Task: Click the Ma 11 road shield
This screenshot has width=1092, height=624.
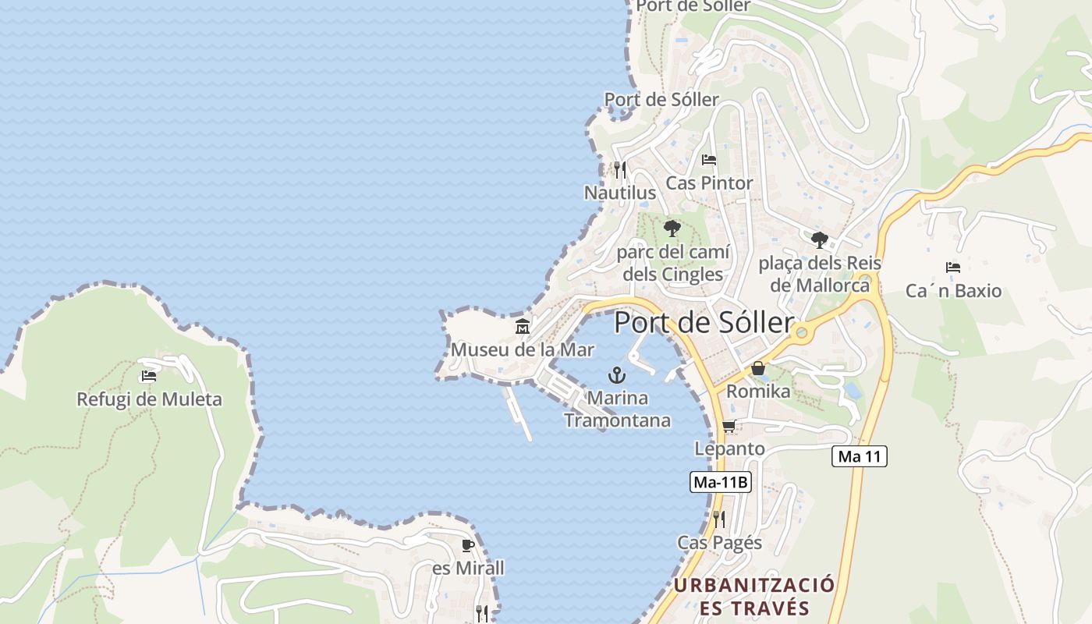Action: (x=860, y=456)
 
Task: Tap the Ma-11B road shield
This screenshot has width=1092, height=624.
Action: (x=721, y=482)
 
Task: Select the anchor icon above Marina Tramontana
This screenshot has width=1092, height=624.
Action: (x=617, y=375)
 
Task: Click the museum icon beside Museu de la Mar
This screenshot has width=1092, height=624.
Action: (x=523, y=326)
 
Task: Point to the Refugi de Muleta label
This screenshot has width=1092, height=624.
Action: (x=149, y=399)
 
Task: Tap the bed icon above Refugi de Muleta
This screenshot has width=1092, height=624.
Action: (x=148, y=376)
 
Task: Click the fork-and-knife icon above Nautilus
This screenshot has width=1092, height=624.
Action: (x=619, y=169)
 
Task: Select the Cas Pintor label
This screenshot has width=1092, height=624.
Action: (x=709, y=183)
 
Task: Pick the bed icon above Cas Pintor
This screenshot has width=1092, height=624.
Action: (x=708, y=160)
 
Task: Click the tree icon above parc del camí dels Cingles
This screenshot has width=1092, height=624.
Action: (x=672, y=229)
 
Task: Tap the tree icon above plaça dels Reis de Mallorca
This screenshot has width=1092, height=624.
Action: (x=819, y=239)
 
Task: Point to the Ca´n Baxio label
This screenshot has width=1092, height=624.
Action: (x=953, y=291)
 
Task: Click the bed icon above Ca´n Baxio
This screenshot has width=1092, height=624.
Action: (x=952, y=268)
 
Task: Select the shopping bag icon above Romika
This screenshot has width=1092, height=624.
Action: (x=757, y=368)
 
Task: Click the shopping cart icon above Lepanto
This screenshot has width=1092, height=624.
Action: (x=729, y=426)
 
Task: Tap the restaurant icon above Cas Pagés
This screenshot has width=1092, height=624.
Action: (x=718, y=519)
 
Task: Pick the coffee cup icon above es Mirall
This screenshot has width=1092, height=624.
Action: (x=467, y=545)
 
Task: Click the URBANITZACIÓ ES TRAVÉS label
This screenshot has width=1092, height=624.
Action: (x=754, y=597)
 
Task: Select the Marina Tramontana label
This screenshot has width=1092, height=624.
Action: (x=617, y=409)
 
